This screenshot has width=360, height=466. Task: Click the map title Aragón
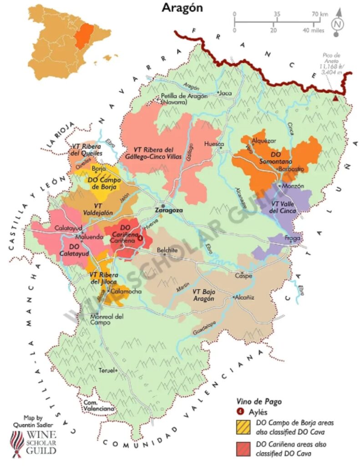click(x=182, y=8)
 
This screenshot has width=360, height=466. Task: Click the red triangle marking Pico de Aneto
click(x=335, y=98)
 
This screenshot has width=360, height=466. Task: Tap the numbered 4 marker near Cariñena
click(x=140, y=238)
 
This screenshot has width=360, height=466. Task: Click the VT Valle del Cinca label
click(x=284, y=207)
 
